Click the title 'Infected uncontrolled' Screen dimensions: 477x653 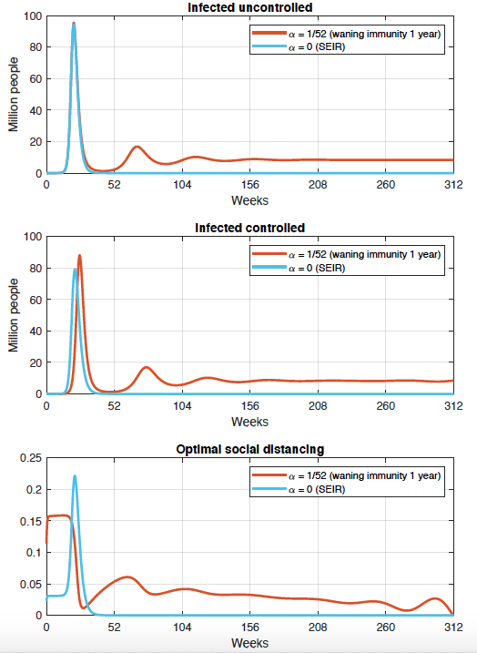pos(249,7)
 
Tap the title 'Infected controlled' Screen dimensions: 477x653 pos(249,228)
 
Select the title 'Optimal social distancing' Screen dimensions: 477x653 pos(249,449)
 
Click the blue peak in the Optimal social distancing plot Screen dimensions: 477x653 pos(75,476)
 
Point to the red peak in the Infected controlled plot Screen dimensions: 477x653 pos(79,256)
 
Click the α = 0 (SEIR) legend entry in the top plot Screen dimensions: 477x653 pos(299,47)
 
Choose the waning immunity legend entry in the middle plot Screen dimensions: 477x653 pos(346,254)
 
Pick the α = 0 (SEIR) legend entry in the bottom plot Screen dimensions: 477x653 pos(299,489)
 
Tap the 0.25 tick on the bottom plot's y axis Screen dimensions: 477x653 pos(31,458)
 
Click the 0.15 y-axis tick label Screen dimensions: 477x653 pos(31,522)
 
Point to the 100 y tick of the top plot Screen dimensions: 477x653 pos(33,16)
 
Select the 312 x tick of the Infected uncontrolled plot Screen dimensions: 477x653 pos(453,185)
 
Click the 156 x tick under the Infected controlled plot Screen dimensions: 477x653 pos(249,405)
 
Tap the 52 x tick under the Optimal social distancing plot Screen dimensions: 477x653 pos(114,627)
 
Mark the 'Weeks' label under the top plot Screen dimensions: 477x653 pos(249,200)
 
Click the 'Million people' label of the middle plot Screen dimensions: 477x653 pos(14,315)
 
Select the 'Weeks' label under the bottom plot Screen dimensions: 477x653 pos(249,643)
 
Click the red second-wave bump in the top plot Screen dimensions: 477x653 pos(137,147)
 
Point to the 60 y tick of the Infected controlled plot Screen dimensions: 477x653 pos(36,300)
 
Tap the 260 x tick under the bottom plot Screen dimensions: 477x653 pos(385,627)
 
